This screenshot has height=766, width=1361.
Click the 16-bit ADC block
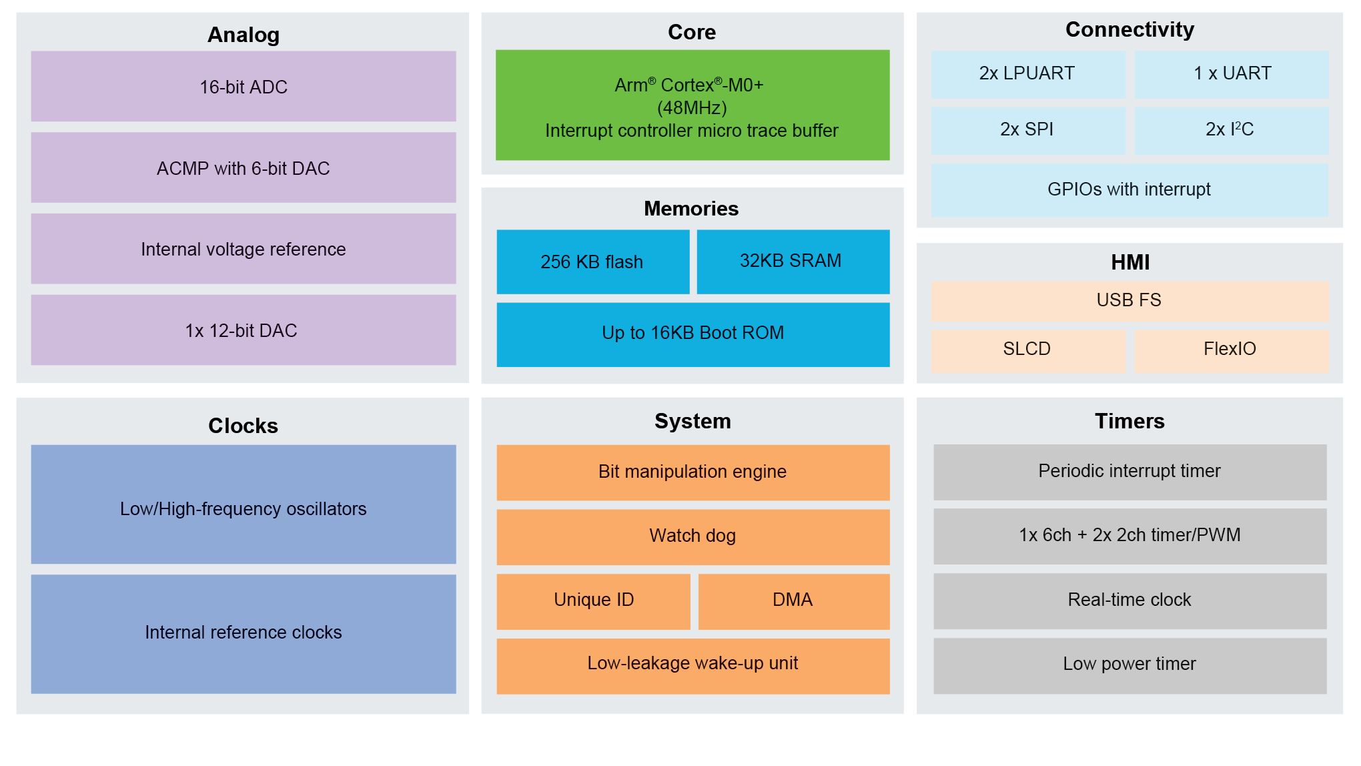click(x=244, y=87)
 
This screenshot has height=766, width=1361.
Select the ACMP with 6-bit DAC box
click(x=244, y=168)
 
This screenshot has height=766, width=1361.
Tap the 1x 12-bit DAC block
click(x=244, y=330)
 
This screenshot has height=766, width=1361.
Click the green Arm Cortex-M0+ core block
click(x=692, y=105)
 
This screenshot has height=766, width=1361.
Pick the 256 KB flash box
click(x=592, y=262)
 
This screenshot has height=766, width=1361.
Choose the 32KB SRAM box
click(x=793, y=262)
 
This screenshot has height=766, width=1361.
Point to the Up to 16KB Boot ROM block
click(x=693, y=334)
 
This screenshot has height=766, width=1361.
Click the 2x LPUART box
click(x=1027, y=74)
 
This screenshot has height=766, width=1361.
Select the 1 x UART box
click(x=1232, y=74)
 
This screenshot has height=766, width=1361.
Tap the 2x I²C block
click(x=1232, y=130)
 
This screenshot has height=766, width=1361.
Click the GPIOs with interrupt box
click(x=1129, y=190)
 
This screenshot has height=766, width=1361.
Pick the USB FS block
click(x=1129, y=301)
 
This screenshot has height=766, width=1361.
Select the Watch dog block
click(x=693, y=536)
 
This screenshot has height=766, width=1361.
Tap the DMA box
click(x=793, y=601)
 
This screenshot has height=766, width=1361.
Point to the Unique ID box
click(x=593, y=601)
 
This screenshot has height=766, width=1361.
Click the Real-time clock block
click(x=1129, y=601)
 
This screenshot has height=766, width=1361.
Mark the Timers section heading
click(x=1129, y=421)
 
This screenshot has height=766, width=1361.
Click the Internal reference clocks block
click(x=244, y=633)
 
